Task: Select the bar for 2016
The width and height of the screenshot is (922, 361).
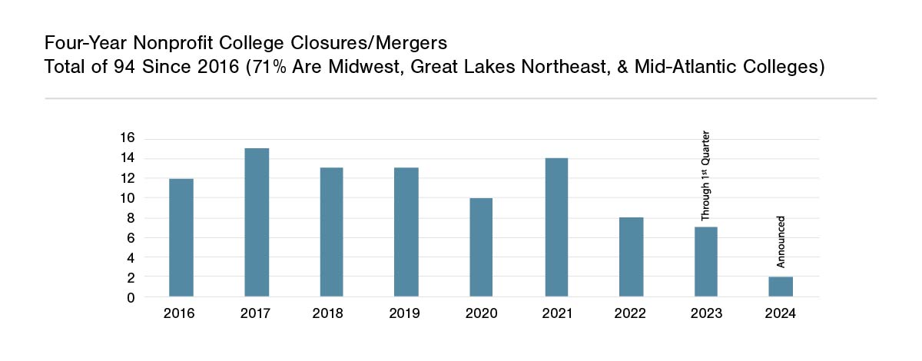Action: pyautogui.click(x=181, y=237)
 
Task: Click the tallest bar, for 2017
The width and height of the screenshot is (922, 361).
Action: pyautogui.click(x=257, y=222)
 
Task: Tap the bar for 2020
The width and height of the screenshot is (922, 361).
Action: pyautogui.click(x=481, y=247)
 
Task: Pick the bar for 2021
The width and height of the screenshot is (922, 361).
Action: pyautogui.click(x=556, y=227)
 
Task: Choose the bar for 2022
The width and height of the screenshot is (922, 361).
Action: pyautogui.click(x=632, y=257)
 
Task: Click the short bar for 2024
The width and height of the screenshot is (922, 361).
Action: pyautogui.click(x=781, y=286)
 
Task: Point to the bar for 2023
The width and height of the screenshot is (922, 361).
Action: pyautogui.click(x=706, y=261)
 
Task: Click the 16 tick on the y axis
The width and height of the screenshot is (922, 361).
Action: pyautogui.click(x=127, y=138)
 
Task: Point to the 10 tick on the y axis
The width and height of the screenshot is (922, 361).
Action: pyautogui.click(x=127, y=198)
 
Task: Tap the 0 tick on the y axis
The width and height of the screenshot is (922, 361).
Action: pyautogui.click(x=131, y=297)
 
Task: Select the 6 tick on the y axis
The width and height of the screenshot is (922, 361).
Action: pyautogui.click(x=131, y=238)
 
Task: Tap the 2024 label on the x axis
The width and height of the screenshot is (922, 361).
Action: pyautogui.click(x=781, y=314)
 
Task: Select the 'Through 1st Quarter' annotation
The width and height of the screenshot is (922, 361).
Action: pyautogui.click(x=705, y=176)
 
